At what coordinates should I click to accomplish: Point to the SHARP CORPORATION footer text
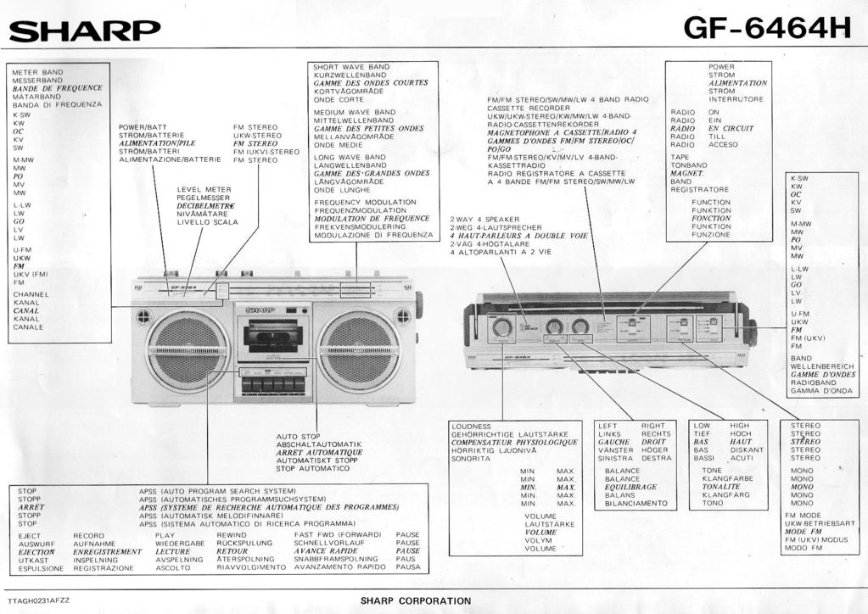click(x=416, y=600)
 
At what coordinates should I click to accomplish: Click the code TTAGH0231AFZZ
click(x=39, y=600)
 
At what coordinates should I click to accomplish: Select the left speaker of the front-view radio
click(x=187, y=350)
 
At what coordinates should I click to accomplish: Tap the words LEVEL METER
click(x=204, y=189)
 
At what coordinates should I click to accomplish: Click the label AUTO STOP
click(x=298, y=436)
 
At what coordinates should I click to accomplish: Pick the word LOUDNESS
click(x=472, y=426)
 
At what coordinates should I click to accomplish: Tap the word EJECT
click(x=30, y=536)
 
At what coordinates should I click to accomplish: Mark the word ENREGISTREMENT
click(x=108, y=551)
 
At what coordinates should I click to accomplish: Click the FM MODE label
click(x=803, y=516)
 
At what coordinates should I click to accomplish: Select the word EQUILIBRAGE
click(x=630, y=487)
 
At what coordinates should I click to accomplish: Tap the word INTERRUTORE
click(x=736, y=99)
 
